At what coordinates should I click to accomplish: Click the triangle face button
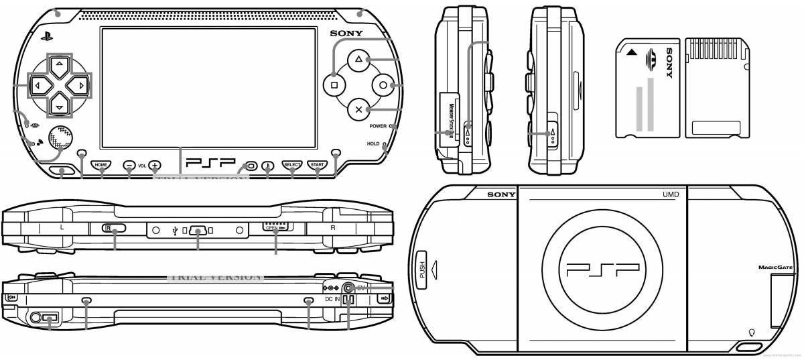[x=358, y=60]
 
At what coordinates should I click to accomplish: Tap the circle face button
[x=383, y=85]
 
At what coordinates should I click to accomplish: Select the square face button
[x=334, y=85]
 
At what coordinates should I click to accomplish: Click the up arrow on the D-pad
[x=60, y=63]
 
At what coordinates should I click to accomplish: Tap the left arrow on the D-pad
[x=38, y=86]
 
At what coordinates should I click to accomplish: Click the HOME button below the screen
[x=101, y=164]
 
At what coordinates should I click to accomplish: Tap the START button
[x=316, y=164]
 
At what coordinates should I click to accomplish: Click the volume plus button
[x=155, y=164]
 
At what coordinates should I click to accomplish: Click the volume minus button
[x=129, y=164]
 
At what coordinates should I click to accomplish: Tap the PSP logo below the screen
[x=211, y=163]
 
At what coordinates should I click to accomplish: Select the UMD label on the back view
[x=671, y=194]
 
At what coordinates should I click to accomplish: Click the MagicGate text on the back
[x=775, y=267]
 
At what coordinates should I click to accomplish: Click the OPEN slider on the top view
[x=277, y=228]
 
